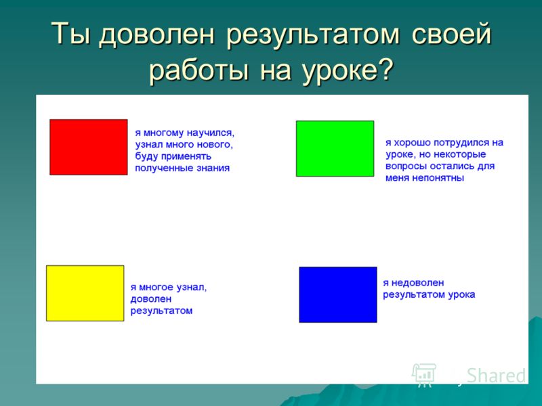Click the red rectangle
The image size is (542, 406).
tap(89, 147)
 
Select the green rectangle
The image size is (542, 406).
tap(335, 148)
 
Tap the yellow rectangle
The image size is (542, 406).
tap(85, 293)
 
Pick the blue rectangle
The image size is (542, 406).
tap(338, 294)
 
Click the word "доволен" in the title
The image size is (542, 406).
tap(157, 35)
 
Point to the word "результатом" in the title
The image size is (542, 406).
tap(313, 35)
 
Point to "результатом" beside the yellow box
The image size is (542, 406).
tap(161, 311)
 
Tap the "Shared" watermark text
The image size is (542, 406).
tap(496, 376)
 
